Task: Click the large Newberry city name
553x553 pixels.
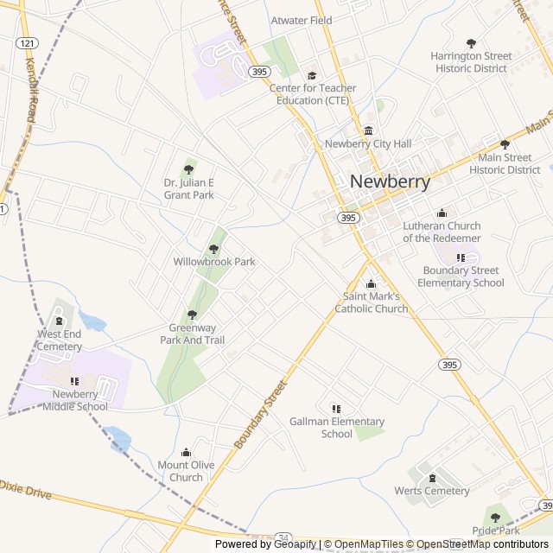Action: click(391, 182)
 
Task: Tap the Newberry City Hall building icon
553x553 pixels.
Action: click(368, 131)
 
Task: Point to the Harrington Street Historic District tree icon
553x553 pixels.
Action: click(471, 43)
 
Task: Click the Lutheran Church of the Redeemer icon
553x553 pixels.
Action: click(442, 213)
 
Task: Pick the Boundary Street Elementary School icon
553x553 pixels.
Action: click(461, 257)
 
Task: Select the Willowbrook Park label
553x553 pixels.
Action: click(214, 262)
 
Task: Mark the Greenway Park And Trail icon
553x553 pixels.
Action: click(192, 315)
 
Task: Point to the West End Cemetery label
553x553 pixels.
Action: click(60, 340)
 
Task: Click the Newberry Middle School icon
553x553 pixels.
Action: click(74, 381)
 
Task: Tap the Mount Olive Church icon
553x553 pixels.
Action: click(186, 452)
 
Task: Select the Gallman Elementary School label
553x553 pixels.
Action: click(336, 428)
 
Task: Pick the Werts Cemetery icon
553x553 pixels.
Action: click(432, 478)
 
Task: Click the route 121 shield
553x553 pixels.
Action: click(27, 42)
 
